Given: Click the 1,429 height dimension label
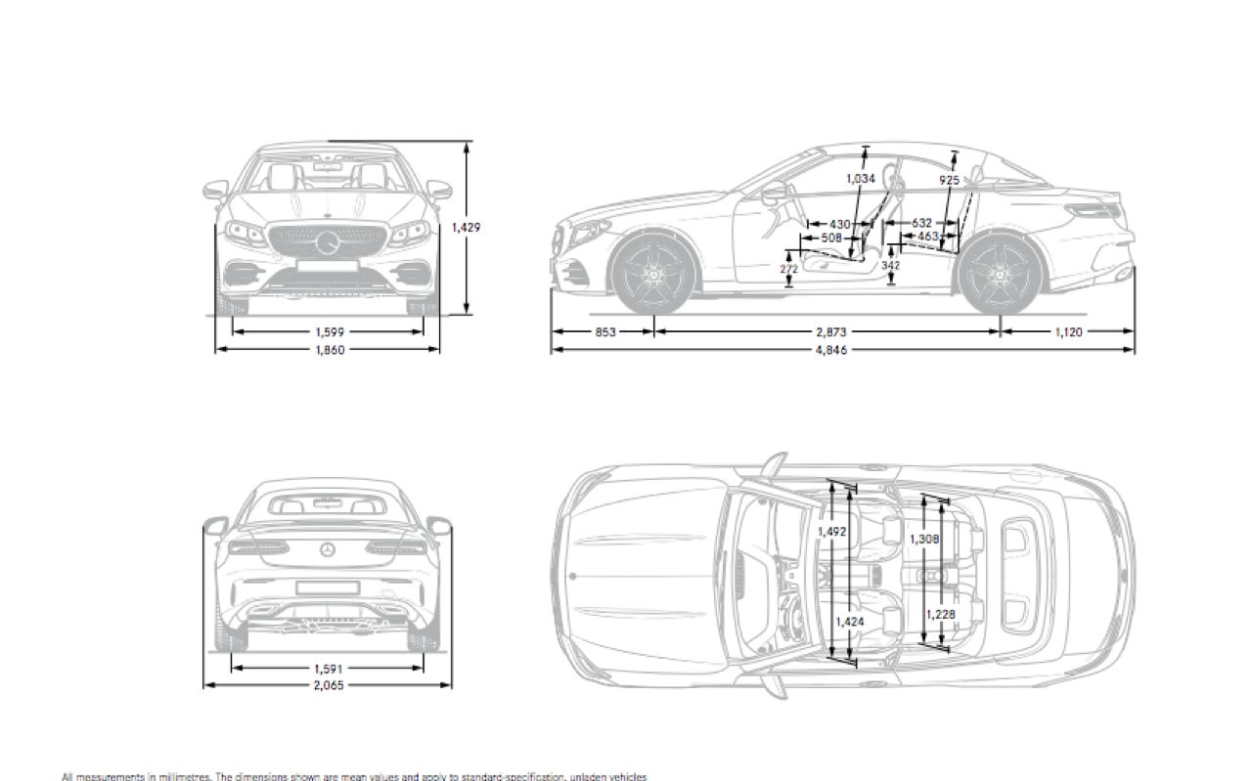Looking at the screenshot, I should (466, 227).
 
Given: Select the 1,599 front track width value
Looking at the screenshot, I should (329, 331).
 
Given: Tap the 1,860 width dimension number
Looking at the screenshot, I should (329, 349).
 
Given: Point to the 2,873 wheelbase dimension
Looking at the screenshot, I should (827, 331).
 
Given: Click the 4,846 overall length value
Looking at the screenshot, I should (827, 349).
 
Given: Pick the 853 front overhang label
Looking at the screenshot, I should (605, 331).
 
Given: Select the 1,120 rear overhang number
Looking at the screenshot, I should (1069, 331).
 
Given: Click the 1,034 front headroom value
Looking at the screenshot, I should (860, 179).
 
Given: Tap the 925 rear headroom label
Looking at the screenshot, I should (949, 181).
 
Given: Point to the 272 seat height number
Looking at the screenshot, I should (788, 268).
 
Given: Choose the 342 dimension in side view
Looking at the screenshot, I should (890, 265).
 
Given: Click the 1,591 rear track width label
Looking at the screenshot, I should (329, 669).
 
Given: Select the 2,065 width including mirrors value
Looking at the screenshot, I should (329, 686).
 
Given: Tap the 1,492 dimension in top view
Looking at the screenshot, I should (831, 532).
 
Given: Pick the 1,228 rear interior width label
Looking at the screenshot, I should (941, 614).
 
